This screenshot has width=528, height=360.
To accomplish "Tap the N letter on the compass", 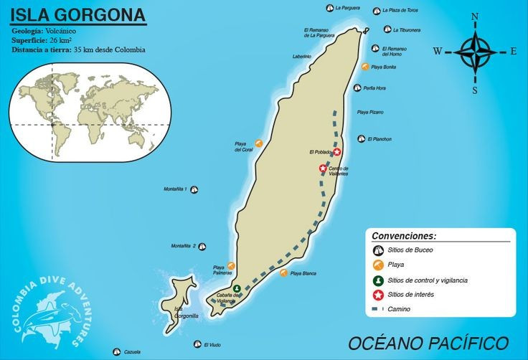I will tap(475, 16).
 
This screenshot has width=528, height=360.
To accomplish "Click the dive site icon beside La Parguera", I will tap(329, 9).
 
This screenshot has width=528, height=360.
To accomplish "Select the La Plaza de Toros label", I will tap(400, 11).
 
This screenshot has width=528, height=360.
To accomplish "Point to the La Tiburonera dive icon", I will tap(388, 29).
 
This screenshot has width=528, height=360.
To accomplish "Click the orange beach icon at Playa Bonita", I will tap(366, 67).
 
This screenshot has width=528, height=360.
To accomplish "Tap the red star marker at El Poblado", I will tap(337, 151).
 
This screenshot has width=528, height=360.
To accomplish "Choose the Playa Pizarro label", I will tap(370, 113).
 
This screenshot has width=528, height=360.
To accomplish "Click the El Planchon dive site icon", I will tap(362, 139).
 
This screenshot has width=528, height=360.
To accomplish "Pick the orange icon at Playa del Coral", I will tap(258, 143).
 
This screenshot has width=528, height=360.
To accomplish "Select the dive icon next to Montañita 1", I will tap(194, 189).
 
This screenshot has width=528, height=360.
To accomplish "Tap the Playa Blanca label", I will tap(303, 273).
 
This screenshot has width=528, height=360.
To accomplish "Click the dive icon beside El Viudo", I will tap(197, 344).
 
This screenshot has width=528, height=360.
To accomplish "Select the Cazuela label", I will tap(131, 352).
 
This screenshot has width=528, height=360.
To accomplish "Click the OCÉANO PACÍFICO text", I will tap(428, 342).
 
